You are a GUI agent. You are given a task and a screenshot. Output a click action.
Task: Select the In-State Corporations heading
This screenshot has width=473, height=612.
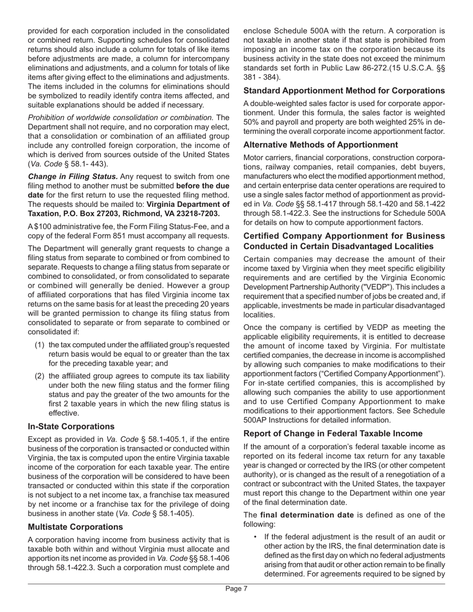(x=71, y=426)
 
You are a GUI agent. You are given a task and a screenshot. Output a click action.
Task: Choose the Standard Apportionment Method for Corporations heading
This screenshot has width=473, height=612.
(x=344, y=91)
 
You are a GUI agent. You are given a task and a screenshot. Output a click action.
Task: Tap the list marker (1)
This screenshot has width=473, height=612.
(x=40, y=345)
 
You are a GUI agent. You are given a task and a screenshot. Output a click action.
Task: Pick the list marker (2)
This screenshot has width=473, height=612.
(x=40, y=376)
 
